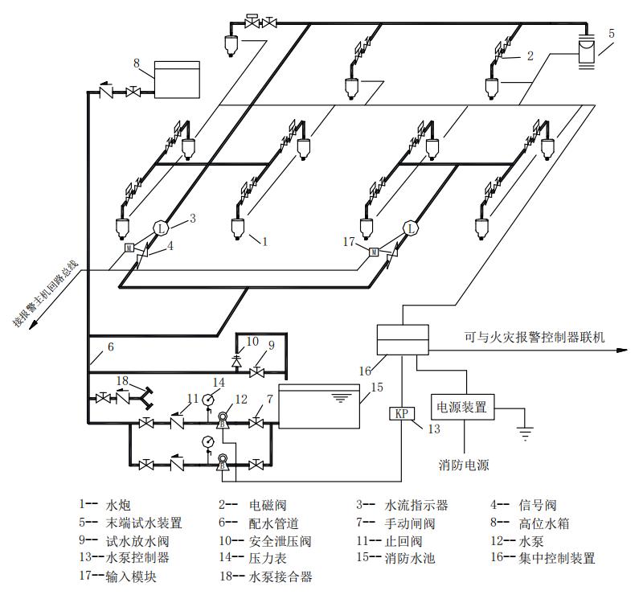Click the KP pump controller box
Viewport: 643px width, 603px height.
coord(400,414)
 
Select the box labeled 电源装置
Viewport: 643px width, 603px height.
coord(463,407)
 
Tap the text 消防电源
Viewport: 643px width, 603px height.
coord(464,465)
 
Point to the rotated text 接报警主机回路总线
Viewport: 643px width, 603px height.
coord(46,293)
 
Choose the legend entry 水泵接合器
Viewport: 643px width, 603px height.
coord(281,576)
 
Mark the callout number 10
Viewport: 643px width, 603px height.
coord(253,341)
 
